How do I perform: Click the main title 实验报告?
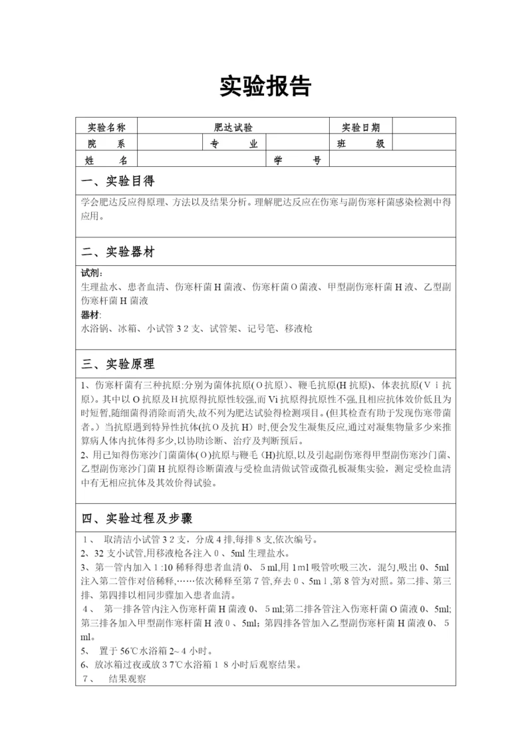click(x=265, y=86)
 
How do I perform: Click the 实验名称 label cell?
click(x=106, y=126)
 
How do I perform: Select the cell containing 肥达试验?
click(x=233, y=126)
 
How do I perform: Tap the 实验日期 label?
click(x=361, y=126)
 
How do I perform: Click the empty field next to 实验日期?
click(x=424, y=126)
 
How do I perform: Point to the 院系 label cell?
click(x=106, y=144)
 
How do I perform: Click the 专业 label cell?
click(x=233, y=144)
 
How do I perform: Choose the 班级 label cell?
click(x=361, y=144)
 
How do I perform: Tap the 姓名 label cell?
click(x=106, y=160)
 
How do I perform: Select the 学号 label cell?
click(x=297, y=160)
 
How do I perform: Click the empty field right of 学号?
click(x=392, y=160)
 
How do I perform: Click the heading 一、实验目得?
click(x=118, y=182)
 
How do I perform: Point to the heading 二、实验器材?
click(x=118, y=252)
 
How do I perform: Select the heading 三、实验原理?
click(x=118, y=364)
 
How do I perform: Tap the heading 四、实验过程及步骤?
click(x=136, y=518)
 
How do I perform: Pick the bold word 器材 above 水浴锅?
click(x=92, y=314)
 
